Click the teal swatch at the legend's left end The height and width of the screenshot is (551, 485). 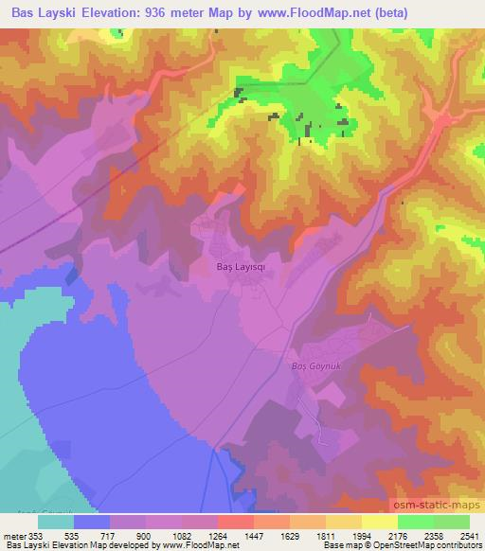point(56,522)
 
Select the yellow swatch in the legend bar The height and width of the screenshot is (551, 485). point(381,522)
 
